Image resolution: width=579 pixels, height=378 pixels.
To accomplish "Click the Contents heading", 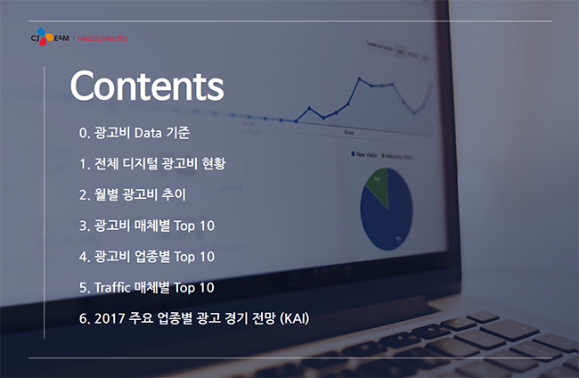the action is click(147, 86).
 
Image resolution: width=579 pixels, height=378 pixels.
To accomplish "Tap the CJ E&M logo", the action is click(50, 37).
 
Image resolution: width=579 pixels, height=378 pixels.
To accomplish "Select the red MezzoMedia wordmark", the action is click(102, 38).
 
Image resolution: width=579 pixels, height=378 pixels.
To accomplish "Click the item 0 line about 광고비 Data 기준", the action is click(135, 133).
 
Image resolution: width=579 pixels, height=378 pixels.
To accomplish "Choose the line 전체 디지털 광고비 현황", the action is click(152, 164).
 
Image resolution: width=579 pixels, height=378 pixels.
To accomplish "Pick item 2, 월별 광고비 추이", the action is click(133, 194).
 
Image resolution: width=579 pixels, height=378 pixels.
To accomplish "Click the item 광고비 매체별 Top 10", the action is click(147, 226).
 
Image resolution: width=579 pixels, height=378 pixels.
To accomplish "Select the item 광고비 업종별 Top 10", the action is click(147, 257).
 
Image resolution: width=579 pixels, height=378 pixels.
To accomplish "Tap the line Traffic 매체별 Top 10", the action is click(147, 287).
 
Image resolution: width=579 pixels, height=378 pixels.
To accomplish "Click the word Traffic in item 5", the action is click(112, 287).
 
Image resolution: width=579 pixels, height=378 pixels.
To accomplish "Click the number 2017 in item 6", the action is click(110, 318).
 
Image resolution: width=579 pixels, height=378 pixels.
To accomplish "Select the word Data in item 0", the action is click(148, 133).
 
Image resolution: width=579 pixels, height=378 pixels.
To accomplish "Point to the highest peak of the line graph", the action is click(359, 78).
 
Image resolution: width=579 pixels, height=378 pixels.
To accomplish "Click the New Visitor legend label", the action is click(364, 154).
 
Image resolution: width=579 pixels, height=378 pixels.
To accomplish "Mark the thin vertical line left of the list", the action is click(44, 202).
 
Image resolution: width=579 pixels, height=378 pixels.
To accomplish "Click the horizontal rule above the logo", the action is click(290, 21).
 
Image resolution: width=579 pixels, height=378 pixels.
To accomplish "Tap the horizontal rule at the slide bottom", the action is click(290, 357).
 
